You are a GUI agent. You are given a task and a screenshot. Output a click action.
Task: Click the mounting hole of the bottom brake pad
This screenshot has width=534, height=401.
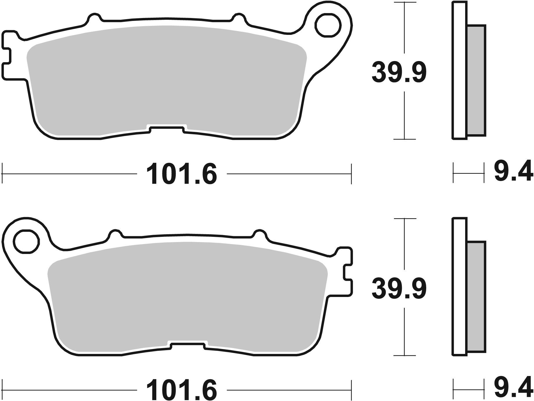[x=26, y=241]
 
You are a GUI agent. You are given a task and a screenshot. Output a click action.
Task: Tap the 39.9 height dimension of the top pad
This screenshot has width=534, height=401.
[x=399, y=72]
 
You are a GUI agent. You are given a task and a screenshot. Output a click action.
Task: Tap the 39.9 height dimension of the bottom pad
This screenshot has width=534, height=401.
[x=399, y=289]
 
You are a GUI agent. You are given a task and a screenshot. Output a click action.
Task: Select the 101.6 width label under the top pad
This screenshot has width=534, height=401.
[x=182, y=174]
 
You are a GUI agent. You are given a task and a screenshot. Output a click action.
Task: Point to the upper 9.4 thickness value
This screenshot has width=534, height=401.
[x=513, y=171]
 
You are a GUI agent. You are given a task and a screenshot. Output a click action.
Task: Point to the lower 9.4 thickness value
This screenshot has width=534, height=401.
[x=513, y=388]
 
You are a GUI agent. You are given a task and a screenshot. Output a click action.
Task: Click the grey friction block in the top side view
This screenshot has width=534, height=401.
[x=476, y=80]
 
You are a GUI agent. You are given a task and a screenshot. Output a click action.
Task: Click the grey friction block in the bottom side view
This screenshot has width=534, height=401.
[x=476, y=297]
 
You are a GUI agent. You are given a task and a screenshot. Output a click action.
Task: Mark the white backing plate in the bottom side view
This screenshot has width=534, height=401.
[x=460, y=286]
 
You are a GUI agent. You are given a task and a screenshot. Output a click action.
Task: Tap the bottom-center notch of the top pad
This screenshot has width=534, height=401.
[x=166, y=129]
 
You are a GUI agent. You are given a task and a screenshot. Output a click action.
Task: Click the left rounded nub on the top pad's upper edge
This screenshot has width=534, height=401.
[x=94, y=17]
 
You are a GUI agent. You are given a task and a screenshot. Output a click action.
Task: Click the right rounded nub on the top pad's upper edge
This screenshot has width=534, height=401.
[x=239, y=17]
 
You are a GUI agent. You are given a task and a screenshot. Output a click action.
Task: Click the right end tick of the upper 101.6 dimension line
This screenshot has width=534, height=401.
[x=352, y=174]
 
